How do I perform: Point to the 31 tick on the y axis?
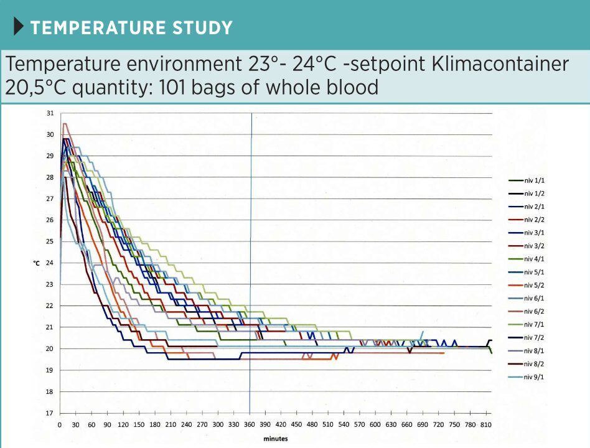(50, 113)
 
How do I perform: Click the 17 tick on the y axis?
(50, 413)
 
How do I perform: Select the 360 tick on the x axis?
(250, 424)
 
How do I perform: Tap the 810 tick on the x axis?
(487, 424)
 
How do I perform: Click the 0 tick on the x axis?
(60, 424)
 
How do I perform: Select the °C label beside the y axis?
(37, 264)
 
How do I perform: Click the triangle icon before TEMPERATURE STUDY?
(19, 27)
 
